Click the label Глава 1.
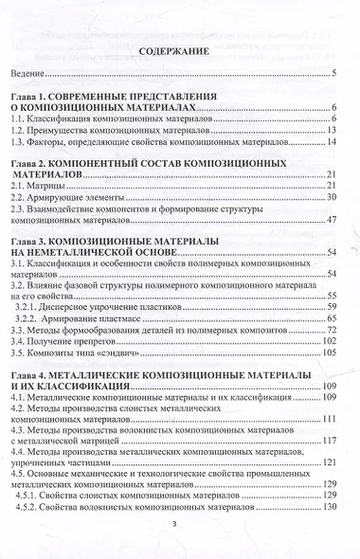click(x=29, y=98)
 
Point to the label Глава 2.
click(x=29, y=164)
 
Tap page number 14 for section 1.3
click(x=333, y=141)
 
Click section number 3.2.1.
click(x=31, y=307)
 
